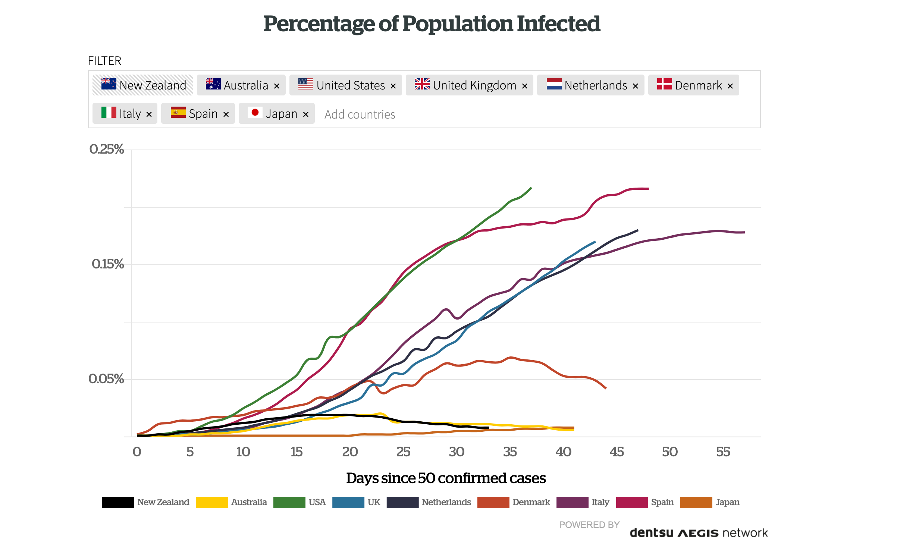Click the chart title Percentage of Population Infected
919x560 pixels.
coord(432,24)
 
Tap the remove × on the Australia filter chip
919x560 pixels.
coord(277,86)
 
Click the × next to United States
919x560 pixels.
coord(393,86)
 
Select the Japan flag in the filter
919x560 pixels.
coord(255,113)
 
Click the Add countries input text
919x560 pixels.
coord(360,114)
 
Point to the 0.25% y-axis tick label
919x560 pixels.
coord(107,149)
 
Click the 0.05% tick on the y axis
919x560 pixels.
coord(106,379)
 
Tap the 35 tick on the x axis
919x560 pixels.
coord(510,452)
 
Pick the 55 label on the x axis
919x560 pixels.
coord(723,452)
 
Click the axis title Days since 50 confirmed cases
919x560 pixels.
coord(446,478)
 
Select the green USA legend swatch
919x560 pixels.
coord(289,502)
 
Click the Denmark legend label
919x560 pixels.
coord(531,502)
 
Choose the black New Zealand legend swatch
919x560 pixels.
coord(118,502)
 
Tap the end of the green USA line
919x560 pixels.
coord(531,188)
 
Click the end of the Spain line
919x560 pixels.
coord(648,189)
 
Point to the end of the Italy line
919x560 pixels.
coord(744,232)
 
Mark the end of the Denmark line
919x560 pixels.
coord(606,388)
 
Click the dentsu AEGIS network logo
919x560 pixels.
coord(699,533)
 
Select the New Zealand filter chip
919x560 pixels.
coord(143,85)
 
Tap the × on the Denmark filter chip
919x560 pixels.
coord(730,86)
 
